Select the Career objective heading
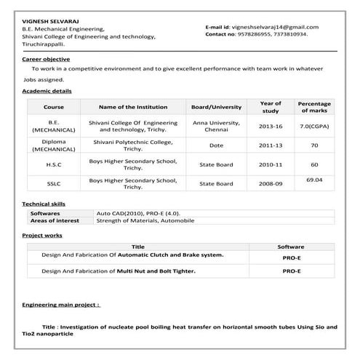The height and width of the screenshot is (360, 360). pos(47,59)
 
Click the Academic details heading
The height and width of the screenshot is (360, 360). pos(47,91)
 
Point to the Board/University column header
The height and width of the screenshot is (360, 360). pos(215,107)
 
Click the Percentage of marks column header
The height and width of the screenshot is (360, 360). pos(314,107)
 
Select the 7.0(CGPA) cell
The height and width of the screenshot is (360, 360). pos(314,126)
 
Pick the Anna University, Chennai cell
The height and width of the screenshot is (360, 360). pos(215,126)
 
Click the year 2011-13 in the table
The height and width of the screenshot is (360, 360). pos(271,145)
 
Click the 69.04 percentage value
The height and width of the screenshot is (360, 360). pos(314,179)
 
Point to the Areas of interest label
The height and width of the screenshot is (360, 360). pos(55,220)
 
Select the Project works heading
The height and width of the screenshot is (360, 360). pos(42,236)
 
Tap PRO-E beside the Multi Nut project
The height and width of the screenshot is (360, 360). pos(291,271)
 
